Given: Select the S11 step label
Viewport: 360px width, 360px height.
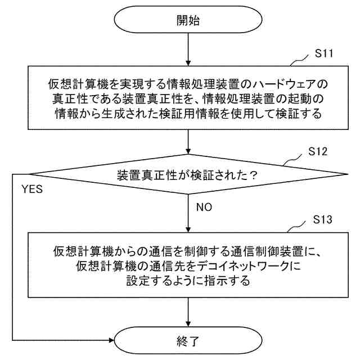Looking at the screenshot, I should pyautogui.click(x=325, y=54).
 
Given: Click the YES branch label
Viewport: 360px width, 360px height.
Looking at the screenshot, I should pyautogui.click(x=31, y=189).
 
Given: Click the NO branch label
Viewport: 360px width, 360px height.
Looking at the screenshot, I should pyautogui.click(x=204, y=207).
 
